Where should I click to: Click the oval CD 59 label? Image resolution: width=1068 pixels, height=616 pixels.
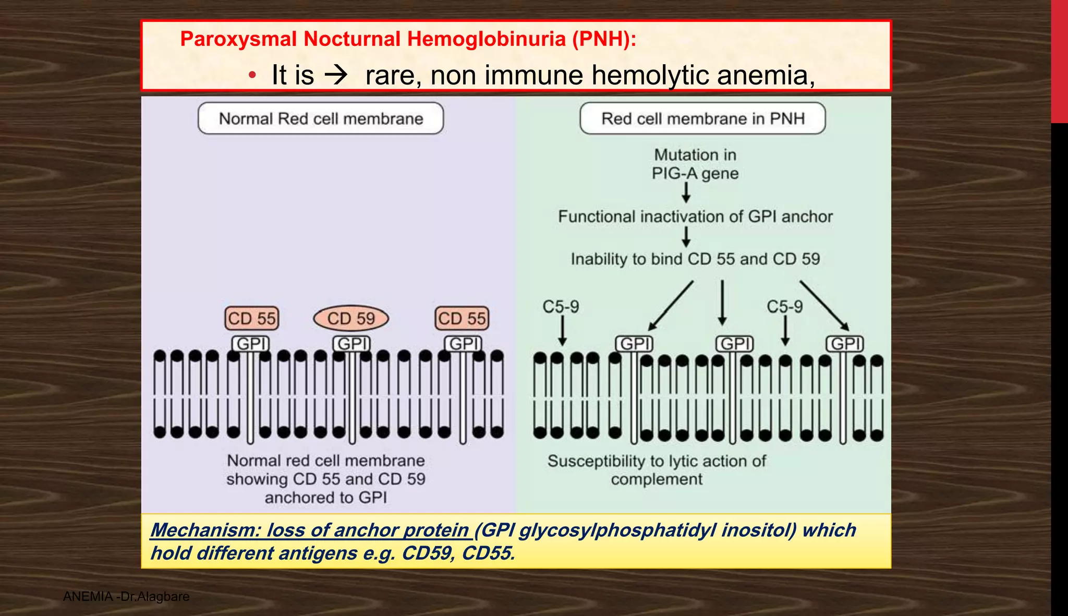[351, 318]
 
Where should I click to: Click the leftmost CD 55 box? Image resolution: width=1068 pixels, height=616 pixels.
[252, 318]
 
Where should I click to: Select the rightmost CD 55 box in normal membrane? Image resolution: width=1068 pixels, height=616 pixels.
[462, 318]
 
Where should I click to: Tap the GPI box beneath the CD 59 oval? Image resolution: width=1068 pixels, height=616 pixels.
[352, 344]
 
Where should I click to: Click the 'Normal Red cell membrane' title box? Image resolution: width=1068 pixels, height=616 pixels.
[321, 118]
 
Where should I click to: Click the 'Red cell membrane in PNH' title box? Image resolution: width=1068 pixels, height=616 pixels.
[702, 118]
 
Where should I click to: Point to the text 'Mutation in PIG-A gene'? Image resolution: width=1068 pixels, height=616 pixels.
[695, 164]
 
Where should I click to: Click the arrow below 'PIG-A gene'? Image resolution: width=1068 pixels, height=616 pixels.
[686, 193]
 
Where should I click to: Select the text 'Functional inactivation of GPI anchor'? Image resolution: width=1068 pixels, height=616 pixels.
[695, 216]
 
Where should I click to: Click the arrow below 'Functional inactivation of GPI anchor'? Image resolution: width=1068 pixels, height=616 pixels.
[686, 236]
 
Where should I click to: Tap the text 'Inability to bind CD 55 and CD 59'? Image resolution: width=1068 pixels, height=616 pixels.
[695, 259]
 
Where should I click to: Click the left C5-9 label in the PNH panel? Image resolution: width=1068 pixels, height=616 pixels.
[561, 307]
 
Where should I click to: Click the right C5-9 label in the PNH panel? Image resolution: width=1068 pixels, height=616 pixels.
[784, 307]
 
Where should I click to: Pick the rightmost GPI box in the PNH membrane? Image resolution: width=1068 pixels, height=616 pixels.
[845, 344]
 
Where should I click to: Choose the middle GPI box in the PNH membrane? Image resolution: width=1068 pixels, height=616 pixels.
[735, 344]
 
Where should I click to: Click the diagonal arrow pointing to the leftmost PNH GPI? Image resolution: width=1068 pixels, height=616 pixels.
[671, 306]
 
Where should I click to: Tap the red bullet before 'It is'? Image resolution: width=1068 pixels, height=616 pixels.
[252, 76]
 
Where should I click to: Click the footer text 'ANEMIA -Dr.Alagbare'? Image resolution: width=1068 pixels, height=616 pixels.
[126, 596]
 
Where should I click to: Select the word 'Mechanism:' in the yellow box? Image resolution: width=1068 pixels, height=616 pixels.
[204, 530]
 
